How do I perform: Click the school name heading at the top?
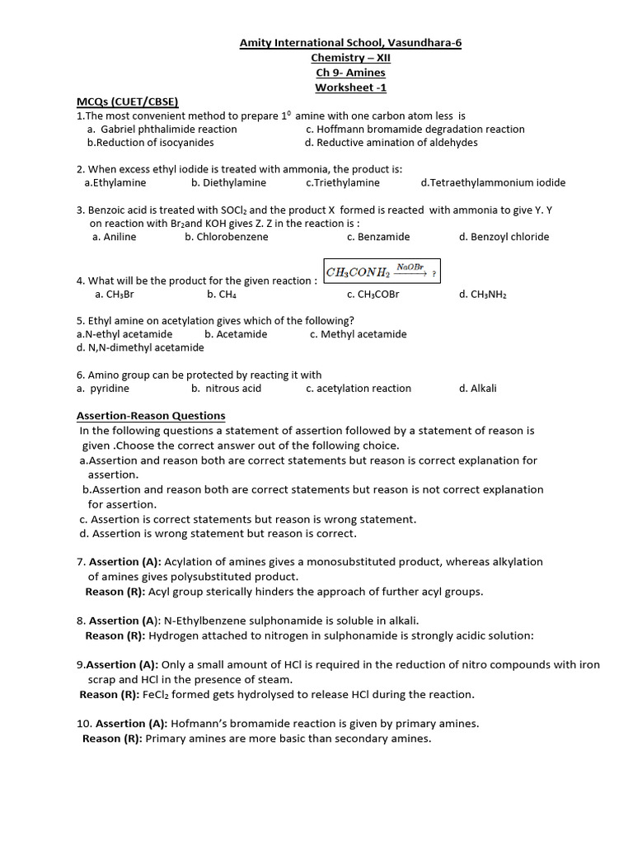pyautogui.click(x=350, y=43)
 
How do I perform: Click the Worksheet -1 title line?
pyautogui.click(x=350, y=87)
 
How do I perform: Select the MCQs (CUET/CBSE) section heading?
pyautogui.click(x=128, y=101)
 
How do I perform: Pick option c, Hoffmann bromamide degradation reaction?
pyautogui.click(x=415, y=130)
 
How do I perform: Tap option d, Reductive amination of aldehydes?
pyautogui.click(x=391, y=143)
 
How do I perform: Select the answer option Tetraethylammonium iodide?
pyautogui.click(x=493, y=183)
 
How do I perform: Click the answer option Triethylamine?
pyautogui.click(x=343, y=183)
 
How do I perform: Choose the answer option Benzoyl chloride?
pyautogui.click(x=504, y=237)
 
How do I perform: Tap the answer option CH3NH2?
pyautogui.click(x=483, y=295)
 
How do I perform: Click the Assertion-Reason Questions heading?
pyautogui.click(x=151, y=416)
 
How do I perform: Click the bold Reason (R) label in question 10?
pyautogui.click(x=113, y=739)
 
